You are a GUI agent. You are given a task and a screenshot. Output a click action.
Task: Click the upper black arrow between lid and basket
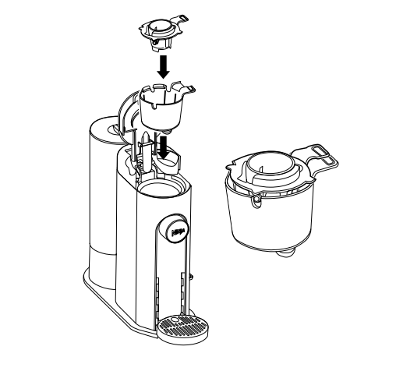[162, 65]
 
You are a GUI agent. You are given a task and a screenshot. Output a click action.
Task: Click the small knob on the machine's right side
[191, 274]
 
